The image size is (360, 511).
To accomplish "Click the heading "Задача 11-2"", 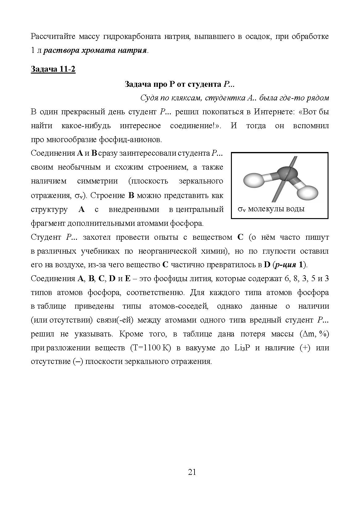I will (x=53, y=69).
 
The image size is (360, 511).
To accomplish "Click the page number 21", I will (x=192, y=472).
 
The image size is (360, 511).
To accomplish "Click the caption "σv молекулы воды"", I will (x=271, y=209).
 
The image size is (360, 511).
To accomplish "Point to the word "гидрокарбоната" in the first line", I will (x=132, y=36).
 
